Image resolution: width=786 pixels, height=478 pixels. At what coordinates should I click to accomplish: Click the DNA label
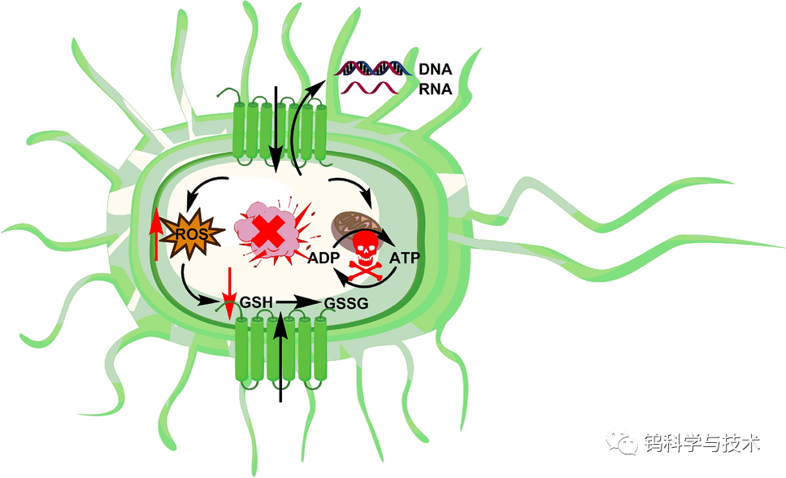pyautogui.click(x=435, y=69)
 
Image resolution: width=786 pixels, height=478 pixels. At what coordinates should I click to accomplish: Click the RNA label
pyautogui.click(x=435, y=89)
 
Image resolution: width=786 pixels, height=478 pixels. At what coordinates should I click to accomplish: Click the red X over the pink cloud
pyautogui.click(x=264, y=233)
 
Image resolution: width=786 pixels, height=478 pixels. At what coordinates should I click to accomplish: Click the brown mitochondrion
pyautogui.click(x=351, y=224)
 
